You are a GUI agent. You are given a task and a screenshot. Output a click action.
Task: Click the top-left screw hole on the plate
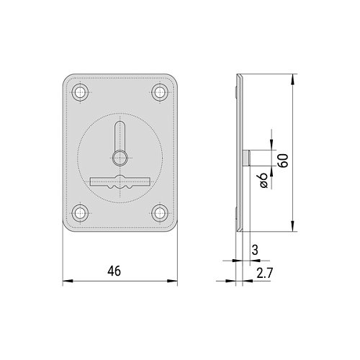[80, 92]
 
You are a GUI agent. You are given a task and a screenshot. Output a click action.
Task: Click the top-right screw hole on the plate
[160, 92]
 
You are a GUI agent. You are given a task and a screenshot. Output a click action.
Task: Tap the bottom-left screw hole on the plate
[80, 213]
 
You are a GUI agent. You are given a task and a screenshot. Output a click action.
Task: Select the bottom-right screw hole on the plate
[160, 213]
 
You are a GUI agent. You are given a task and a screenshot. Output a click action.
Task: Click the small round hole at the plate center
[120, 158]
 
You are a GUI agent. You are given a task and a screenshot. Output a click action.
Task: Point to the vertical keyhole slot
[120, 136]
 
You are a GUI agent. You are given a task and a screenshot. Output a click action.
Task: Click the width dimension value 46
[114, 271]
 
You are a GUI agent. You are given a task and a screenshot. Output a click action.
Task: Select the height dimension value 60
[283, 161]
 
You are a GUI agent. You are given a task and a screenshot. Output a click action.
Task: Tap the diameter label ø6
[264, 180]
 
